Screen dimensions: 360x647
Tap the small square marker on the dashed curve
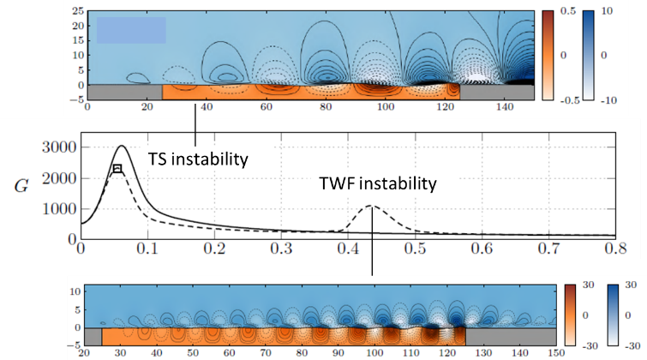(117, 168)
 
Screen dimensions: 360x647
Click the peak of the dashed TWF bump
(371, 206)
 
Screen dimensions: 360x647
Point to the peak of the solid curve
(121, 146)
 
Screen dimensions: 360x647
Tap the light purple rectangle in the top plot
(130, 30)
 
